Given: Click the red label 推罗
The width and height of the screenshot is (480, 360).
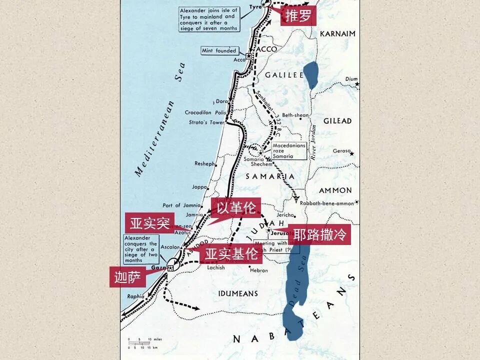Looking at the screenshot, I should tap(298, 16).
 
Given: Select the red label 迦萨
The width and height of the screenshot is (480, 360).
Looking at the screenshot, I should tap(127, 277).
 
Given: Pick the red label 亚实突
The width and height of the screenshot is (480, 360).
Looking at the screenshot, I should tap(149, 223).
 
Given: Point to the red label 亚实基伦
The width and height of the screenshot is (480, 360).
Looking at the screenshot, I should tap(231, 253).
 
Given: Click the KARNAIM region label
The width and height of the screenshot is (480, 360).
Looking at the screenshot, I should tap(337, 33).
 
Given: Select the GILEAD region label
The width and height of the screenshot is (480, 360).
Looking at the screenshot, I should tap(337, 121).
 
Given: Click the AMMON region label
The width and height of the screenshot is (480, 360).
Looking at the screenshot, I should tap(335, 190).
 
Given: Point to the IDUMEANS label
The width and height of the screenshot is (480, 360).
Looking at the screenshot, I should tap(238, 293).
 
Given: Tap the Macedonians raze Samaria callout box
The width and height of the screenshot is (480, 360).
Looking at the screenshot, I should tap(289, 150).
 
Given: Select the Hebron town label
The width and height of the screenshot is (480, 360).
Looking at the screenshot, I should tap(259, 270).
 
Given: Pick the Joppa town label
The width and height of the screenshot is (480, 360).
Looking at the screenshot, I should tap(199, 187).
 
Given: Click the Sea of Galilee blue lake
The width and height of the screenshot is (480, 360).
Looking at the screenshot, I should tap(310, 75).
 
